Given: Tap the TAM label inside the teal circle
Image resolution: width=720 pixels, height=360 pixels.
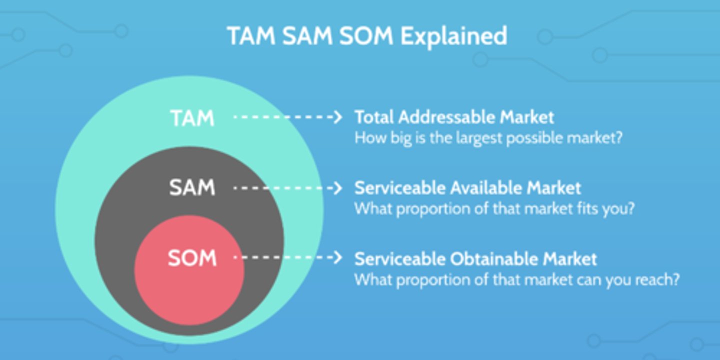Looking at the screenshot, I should pyautogui.click(x=192, y=118).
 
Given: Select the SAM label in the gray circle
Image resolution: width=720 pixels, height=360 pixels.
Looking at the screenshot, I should pyautogui.click(x=192, y=188).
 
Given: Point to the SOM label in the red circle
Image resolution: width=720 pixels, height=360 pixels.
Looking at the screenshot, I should pyautogui.click(x=192, y=258).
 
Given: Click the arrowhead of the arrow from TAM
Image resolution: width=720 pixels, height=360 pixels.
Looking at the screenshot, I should pyautogui.click(x=337, y=117).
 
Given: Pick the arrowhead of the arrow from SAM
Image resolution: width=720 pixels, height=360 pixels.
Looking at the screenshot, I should pyautogui.click(x=337, y=188).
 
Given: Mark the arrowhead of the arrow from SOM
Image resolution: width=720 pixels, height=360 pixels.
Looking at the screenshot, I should pyautogui.click(x=337, y=258).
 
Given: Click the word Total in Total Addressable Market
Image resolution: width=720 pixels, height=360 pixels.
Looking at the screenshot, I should pyautogui.click(x=374, y=117).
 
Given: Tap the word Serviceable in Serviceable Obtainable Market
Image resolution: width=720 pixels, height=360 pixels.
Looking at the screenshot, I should pyautogui.click(x=399, y=259).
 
